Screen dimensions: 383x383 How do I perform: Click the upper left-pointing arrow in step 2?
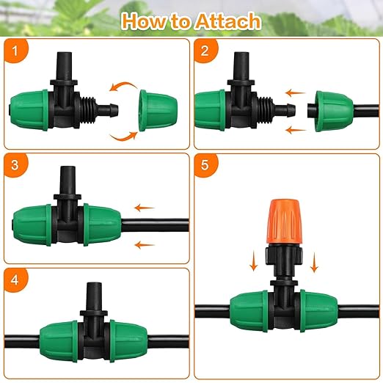[x=296, y=93]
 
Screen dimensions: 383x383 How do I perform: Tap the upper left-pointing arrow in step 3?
[x=145, y=208]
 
